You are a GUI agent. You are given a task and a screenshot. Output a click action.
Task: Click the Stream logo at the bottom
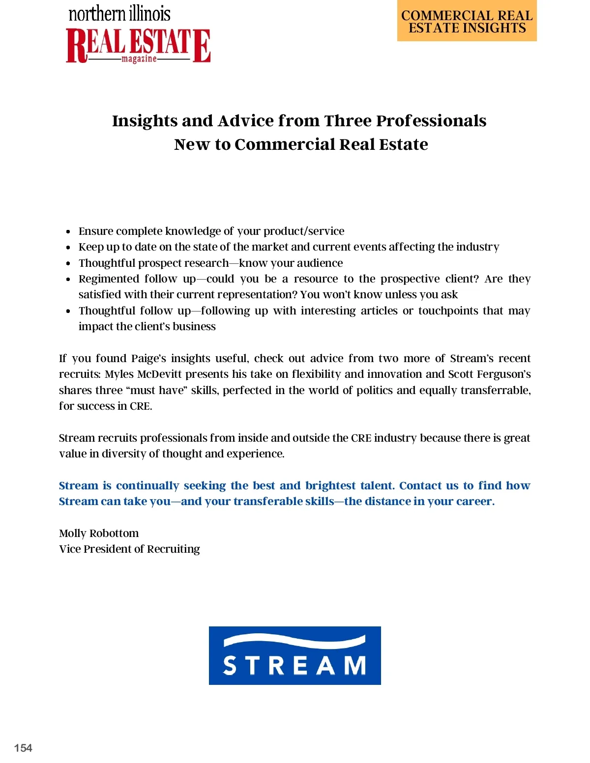[x=295, y=655]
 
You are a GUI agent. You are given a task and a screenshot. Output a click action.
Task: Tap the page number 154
[x=23, y=748]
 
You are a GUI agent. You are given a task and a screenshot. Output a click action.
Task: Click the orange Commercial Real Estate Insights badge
[x=467, y=22]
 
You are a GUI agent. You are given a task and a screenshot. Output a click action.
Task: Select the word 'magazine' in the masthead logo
[x=139, y=59]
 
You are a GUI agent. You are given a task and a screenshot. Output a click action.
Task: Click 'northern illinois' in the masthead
[x=119, y=14]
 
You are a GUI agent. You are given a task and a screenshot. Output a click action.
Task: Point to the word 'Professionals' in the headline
[x=431, y=121]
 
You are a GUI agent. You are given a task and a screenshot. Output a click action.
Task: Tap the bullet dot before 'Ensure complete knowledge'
[x=68, y=231]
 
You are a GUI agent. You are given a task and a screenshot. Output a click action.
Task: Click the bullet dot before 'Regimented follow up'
[x=68, y=279]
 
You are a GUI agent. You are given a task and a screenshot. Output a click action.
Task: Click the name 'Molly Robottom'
[x=99, y=533]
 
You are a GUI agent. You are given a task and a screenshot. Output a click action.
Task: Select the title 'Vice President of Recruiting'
[x=129, y=549]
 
